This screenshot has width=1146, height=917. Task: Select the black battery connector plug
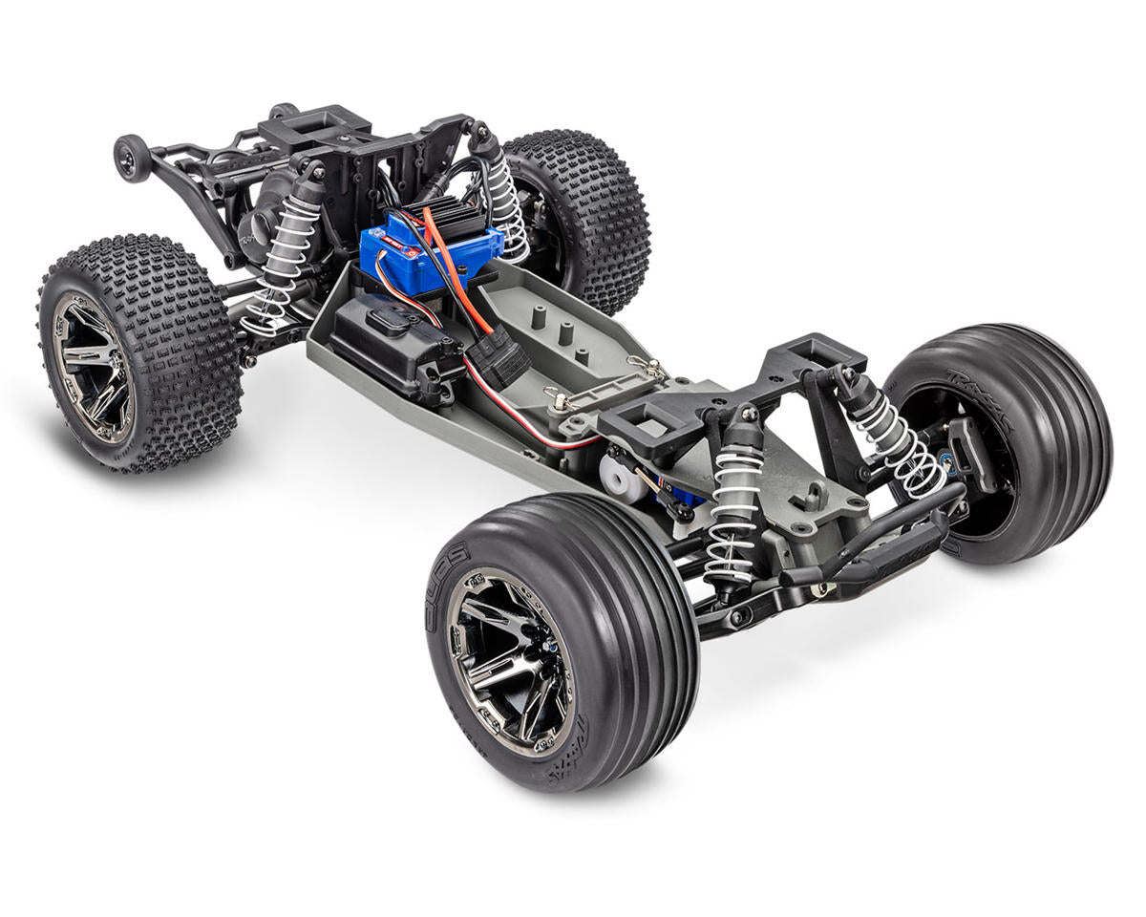(497, 358)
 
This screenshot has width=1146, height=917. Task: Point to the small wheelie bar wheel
(131, 157)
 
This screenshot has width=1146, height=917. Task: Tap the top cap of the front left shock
(745, 416)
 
